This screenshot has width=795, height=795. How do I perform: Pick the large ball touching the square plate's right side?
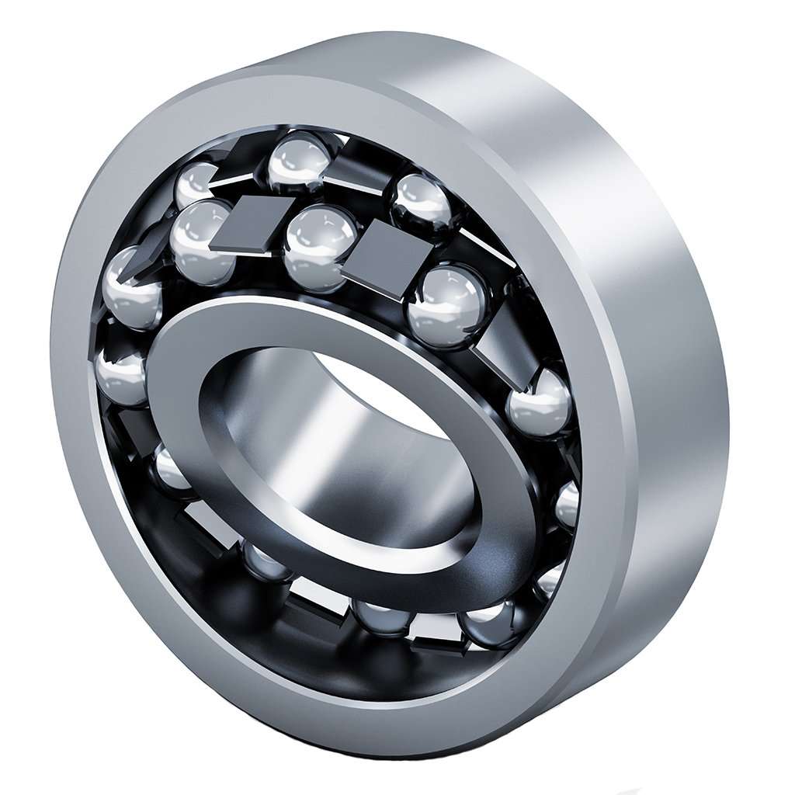[449, 305]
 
